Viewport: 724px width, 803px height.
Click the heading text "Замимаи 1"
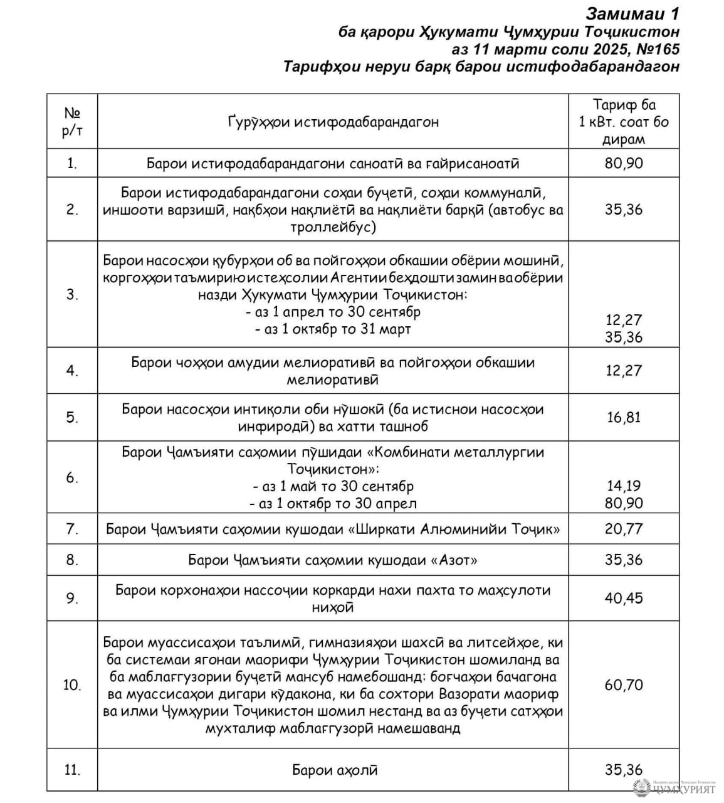(632, 14)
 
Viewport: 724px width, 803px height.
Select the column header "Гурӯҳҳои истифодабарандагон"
(333, 122)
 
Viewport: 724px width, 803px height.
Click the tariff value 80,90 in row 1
(624, 163)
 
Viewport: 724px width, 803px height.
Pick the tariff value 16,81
(624, 417)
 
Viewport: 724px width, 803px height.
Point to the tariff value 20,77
(624, 529)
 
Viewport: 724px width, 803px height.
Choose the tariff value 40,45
(624, 598)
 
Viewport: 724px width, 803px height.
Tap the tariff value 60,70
(624, 684)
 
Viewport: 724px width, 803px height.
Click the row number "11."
(72, 769)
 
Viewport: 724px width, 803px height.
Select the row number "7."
(72, 529)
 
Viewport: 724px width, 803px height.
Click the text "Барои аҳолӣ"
(335, 770)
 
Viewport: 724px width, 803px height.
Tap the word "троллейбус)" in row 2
(333, 226)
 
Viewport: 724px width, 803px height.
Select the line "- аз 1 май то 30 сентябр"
(333, 486)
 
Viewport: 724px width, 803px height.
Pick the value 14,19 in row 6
(624, 486)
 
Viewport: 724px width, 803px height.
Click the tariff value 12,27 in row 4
(624, 370)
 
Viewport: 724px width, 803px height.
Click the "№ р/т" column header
(72, 122)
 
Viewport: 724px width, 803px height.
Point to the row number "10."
(72, 684)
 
